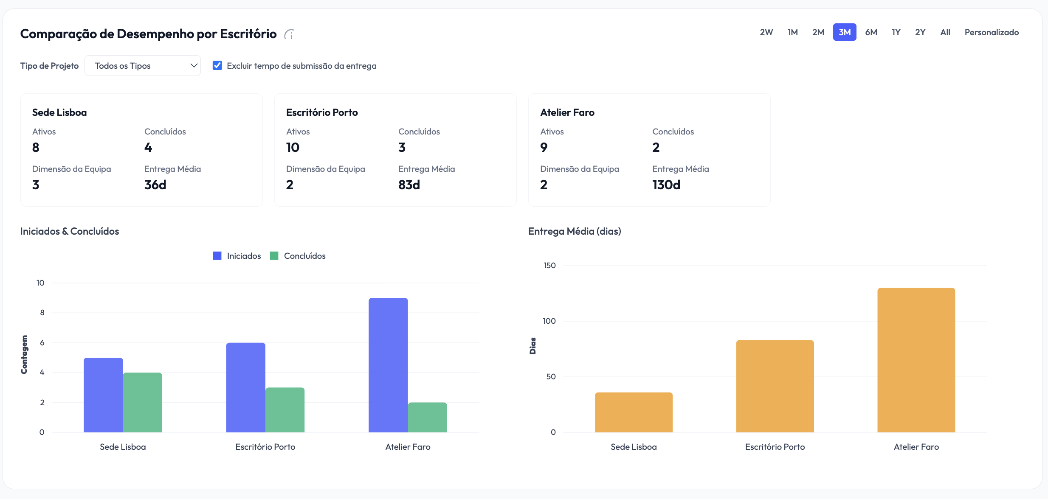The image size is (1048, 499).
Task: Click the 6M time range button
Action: click(x=871, y=32)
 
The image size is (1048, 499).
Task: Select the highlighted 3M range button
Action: click(x=844, y=32)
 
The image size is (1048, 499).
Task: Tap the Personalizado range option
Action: click(x=991, y=32)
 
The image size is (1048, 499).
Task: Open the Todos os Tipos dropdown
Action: click(x=143, y=66)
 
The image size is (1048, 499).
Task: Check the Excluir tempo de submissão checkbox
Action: click(x=217, y=65)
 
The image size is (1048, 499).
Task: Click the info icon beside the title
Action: click(x=290, y=34)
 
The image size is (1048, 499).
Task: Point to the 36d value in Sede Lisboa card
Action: click(x=155, y=185)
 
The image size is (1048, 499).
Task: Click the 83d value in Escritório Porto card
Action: click(x=409, y=185)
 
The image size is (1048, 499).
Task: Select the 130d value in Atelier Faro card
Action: click(x=666, y=185)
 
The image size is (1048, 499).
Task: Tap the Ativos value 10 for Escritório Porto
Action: click(x=293, y=148)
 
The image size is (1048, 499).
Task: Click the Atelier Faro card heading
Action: click(x=567, y=112)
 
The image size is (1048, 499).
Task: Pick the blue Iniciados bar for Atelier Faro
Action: click(x=388, y=365)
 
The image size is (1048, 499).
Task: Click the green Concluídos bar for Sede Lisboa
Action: click(x=142, y=402)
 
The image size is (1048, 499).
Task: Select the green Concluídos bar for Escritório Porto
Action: click(x=285, y=410)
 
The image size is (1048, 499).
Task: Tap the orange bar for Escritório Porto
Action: click(x=775, y=386)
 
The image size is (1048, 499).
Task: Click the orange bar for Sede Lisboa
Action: click(x=634, y=412)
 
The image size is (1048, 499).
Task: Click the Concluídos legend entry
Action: click(x=298, y=256)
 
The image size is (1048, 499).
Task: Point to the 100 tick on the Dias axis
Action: click(x=549, y=321)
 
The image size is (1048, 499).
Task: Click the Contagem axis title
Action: click(x=24, y=355)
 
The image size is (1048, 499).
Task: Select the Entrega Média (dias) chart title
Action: click(x=575, y=231)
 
